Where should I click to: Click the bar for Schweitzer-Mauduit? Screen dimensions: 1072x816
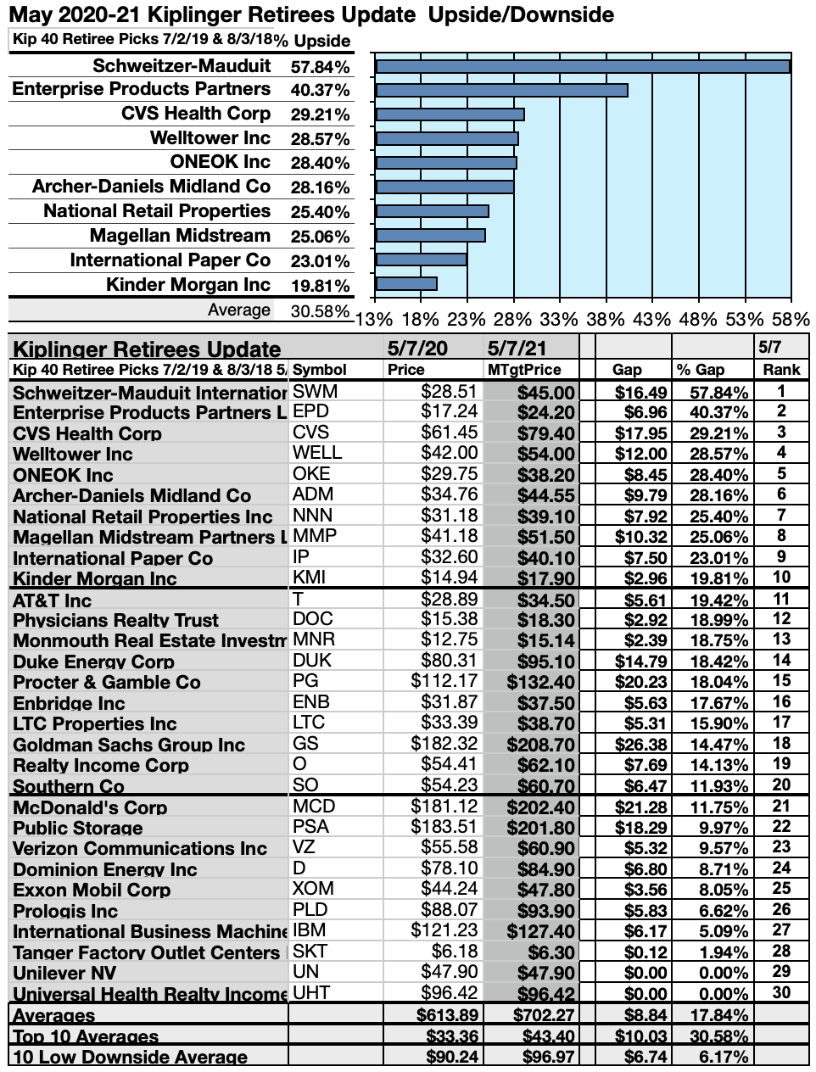tap(582, 66)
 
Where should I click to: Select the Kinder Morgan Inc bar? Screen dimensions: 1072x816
tap(406, 284)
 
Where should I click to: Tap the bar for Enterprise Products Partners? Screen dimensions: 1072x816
tap(501, 90)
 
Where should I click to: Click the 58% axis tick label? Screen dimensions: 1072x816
tap(791, 319)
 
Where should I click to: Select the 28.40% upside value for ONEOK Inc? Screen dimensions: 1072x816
tap(320, 163)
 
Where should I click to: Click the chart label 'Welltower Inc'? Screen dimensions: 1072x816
tap(210, 138)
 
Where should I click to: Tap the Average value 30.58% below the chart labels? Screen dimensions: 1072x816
tap(320, 311)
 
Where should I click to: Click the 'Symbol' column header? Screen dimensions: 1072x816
tap(320, 370)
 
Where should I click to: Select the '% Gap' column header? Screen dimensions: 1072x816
tap(700, 370)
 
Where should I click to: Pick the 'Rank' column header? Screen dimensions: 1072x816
tap(781, 370)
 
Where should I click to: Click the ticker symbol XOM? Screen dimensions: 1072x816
tap(313, 889)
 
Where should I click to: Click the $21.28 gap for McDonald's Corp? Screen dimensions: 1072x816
tap(641, 807)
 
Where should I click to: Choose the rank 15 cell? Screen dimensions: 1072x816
tap(781, 681)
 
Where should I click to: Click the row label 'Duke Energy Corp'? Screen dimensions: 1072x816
tap(93, 662)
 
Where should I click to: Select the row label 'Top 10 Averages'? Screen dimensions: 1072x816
tap(86, 1036)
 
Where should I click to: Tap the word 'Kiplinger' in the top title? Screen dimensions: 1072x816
tap(175, 15)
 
